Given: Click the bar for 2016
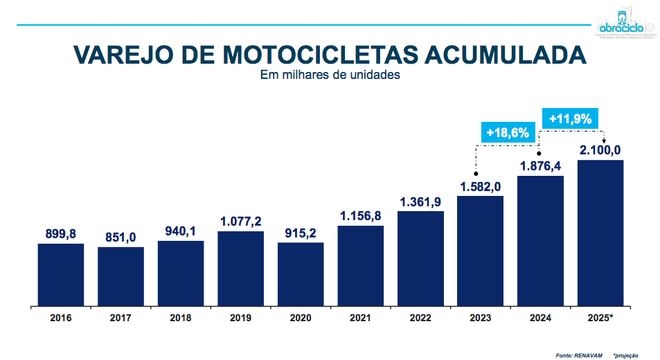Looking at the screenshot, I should (61, 273).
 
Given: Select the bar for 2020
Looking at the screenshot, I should (301, 273).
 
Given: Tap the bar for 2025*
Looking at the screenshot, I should (600, 232).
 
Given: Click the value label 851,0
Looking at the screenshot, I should (121, 237).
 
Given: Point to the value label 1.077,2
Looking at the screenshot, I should (240, 222).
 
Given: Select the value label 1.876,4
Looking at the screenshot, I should (540, 166).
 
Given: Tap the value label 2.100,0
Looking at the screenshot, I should (600, 150).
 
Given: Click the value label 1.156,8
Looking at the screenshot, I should (360, 216).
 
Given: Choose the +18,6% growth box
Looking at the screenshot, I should (508, 132).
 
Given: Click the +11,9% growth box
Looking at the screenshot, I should (570, 118).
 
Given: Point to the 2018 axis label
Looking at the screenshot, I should (180, 318).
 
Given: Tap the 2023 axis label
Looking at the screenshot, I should (480, 318).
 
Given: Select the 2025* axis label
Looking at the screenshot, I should (600, 318).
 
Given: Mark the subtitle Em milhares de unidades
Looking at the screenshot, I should (330, 75).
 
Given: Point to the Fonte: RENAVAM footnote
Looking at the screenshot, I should (574, 355).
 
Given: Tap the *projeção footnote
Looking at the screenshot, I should (627, 355).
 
